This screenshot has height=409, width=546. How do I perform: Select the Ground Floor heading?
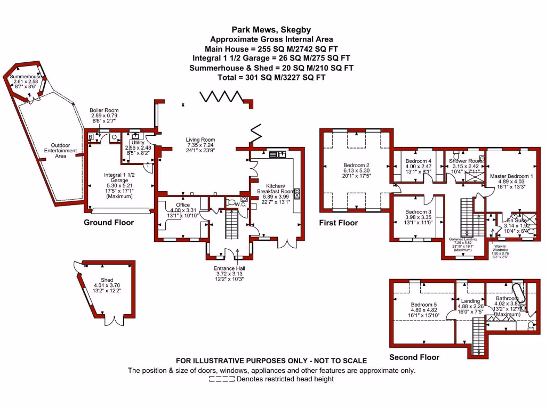(x=109, y=222)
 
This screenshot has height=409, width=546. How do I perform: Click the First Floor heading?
(x=338, y=222)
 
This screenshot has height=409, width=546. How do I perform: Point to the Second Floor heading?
(x=414, y=357)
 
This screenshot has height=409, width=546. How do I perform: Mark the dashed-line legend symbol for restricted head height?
(x=222, y=379)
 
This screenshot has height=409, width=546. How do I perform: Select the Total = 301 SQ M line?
(x=271, y=77)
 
